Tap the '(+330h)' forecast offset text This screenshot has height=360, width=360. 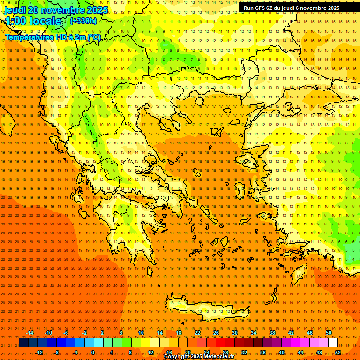(x=83, y=21)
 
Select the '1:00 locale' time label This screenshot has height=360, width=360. (x=33, y=21)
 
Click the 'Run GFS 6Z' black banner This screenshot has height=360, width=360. (x=292, y=8)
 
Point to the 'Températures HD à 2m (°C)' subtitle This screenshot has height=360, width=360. (x=52, y=37)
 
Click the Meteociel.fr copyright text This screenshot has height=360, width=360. (x=199, y=357)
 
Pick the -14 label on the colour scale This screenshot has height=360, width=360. (x=30, y=333)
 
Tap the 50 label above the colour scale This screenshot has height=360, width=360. (x=329, y=333)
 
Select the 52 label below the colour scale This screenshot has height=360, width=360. (x=338, y=352)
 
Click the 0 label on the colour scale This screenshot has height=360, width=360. (x=93, y=352)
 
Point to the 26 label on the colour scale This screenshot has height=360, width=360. (x=216, y=333)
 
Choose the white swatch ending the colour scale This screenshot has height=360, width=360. (x=333, y=343)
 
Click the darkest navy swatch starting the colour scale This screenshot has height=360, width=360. (x=23, y=343)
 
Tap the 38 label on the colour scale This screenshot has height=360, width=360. (x=272, y=333)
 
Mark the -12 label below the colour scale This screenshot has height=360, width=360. (x=39, y=352)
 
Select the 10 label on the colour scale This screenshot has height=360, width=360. (x=141, y=333)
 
